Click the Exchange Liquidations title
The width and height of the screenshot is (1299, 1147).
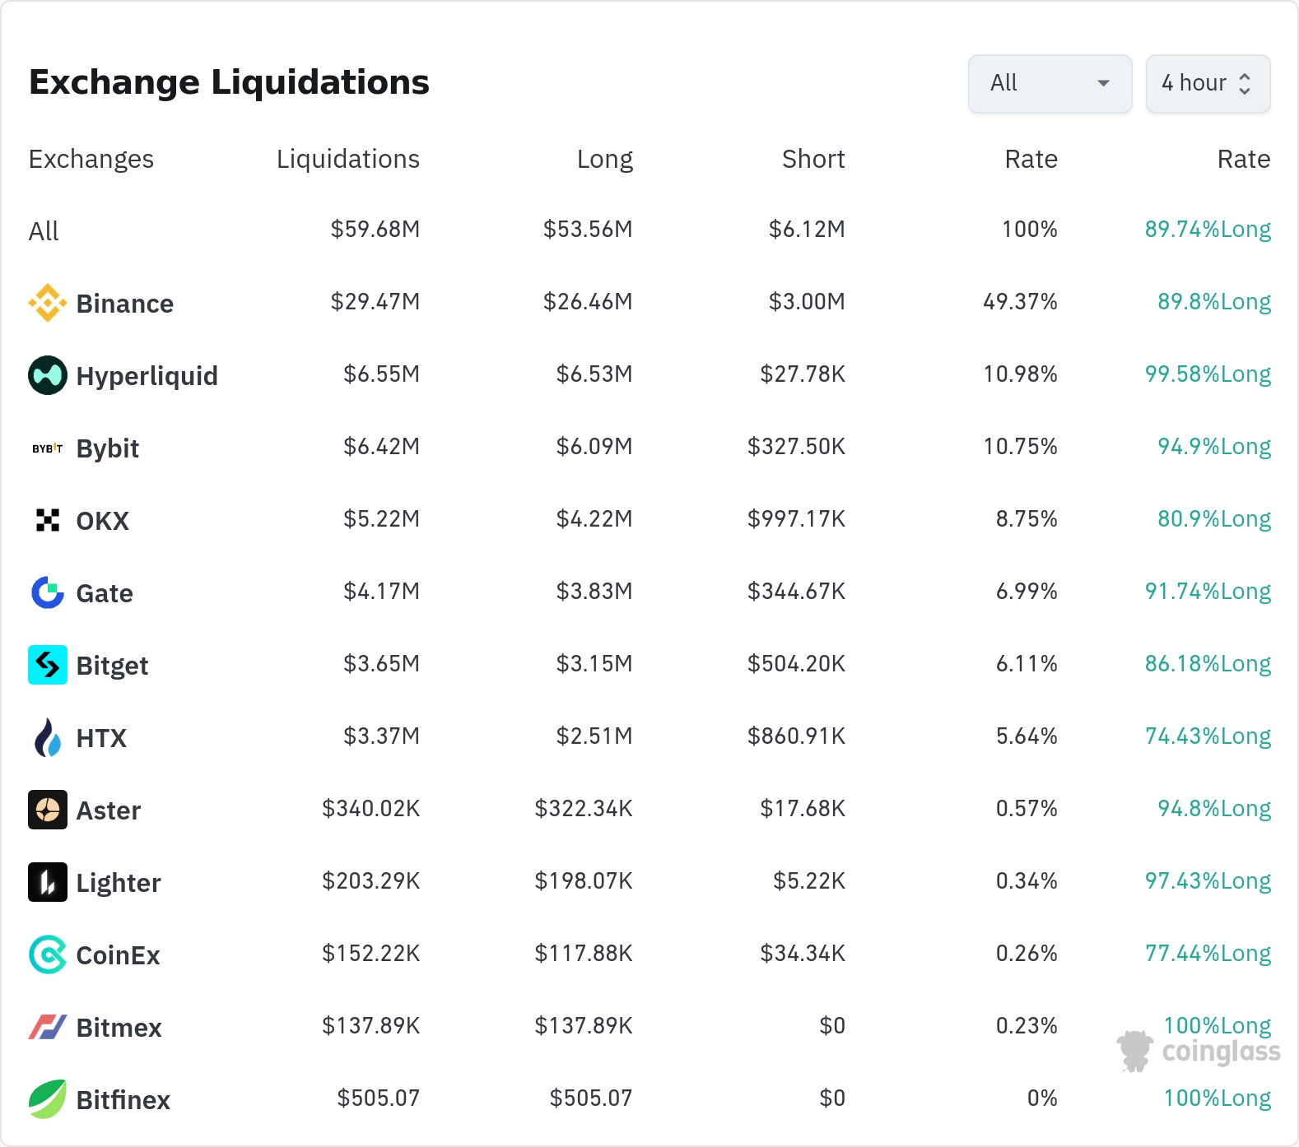[x=229, y=82]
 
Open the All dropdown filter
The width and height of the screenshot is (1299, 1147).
[x=1050, y=83]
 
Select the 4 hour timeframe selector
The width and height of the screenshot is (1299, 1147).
[x=1208, y=83]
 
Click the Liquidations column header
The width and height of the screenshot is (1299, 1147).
[x=347, y=159]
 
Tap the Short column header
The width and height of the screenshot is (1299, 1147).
[x=813, y=159]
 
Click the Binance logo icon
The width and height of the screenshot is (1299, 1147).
[x=48, y=303]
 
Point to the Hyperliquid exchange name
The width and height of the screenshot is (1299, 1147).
[x=147, y=376]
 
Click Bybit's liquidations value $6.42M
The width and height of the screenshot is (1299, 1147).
[x=381, y=446]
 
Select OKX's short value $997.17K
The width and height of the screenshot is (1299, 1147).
[x=796, y=518]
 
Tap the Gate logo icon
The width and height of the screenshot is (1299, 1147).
[x=48, y=592]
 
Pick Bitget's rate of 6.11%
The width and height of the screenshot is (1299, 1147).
[x=1027, y=663]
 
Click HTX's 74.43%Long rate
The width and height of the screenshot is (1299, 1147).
[x=1208, y=736]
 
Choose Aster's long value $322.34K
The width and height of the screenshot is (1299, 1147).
[x=584, y=808]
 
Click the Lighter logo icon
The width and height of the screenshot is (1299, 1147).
[x=48, y=882]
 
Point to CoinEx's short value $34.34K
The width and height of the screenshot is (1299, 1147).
[x=803, y=953]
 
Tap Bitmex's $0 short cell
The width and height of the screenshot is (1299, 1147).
[x=832, y=1025]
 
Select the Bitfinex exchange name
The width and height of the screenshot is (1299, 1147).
[x=123, y=1100]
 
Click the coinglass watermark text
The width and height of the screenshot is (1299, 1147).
[x=1221, y=1052]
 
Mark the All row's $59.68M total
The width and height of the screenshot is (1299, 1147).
[x=375, y=229]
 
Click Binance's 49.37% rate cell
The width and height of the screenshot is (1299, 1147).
[x=1020, y=301]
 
